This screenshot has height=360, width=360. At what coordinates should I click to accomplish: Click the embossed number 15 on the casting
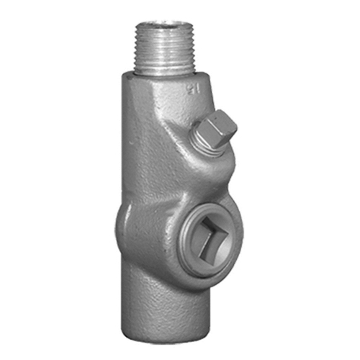(192, 89)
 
